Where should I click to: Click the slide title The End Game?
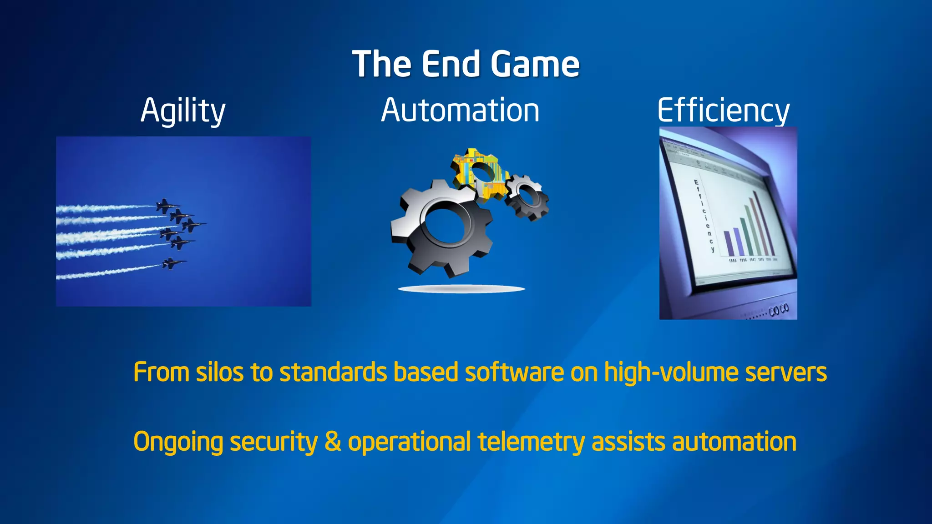coord(466,64)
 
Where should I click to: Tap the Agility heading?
coord(183,111)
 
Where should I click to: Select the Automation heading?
coord(460,111)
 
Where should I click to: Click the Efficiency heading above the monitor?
coord(723,111)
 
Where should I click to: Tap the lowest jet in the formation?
coord(173,263)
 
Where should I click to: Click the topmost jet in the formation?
coord(167,206)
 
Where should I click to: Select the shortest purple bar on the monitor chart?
coord(728,244)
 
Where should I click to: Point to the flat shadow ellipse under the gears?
coord(461,289)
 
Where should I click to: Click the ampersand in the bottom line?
coord(333,441)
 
